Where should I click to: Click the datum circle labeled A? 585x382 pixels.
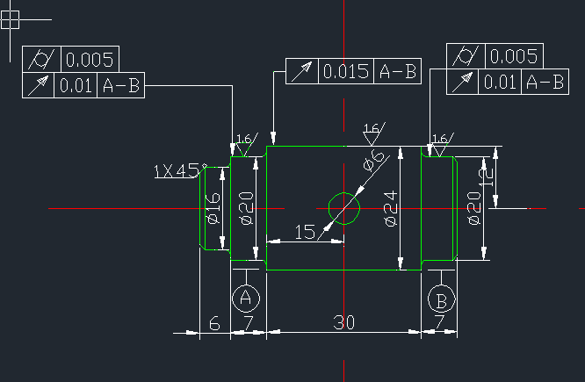233,299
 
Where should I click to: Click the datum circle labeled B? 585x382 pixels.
429,299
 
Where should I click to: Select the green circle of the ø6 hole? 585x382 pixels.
329,208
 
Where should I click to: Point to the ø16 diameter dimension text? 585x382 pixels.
213,208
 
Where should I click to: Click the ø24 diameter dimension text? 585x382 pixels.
391,208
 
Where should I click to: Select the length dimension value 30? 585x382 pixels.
343,322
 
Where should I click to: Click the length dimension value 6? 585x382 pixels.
214,323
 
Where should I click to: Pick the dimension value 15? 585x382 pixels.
305,232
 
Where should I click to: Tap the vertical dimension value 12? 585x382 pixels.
486,177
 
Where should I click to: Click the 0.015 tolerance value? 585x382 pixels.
346,71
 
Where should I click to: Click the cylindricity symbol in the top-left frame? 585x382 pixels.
41,59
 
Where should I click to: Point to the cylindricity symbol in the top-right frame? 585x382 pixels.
466,56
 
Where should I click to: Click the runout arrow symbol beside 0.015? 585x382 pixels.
301,72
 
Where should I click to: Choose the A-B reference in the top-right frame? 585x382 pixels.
545,82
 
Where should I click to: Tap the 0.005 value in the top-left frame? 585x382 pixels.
90,60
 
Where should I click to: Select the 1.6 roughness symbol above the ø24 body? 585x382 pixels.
374,133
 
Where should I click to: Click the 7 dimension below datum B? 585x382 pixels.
439,322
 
